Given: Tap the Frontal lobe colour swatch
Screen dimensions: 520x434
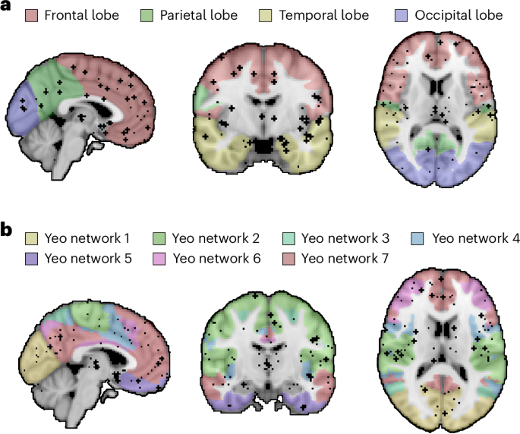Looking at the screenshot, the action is [31, 15].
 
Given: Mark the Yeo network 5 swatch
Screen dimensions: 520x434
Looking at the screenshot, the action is [31, 259].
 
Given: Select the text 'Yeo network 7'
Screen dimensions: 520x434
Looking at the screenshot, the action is [345, 259].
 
